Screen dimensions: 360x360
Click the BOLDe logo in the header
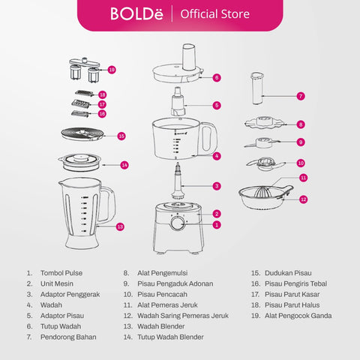136,13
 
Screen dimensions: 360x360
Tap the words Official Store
215,14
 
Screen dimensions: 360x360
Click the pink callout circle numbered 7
301,96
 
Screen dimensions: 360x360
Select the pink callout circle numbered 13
120,226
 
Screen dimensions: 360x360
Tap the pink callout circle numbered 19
112,70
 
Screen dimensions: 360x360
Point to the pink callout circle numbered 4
217,156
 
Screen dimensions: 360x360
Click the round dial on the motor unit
178,223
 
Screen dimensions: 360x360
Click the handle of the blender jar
108,204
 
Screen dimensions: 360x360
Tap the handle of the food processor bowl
208,137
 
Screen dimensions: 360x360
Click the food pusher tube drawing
257,88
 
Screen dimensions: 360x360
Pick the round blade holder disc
82,134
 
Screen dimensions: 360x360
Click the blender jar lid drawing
79,162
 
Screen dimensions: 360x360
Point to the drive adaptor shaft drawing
178,181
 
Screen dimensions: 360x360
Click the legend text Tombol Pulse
61,273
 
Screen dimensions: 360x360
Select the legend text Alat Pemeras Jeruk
167,305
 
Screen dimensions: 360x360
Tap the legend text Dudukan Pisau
288,273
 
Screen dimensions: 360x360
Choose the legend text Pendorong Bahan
68,337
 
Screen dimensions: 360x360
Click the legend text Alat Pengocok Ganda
298,316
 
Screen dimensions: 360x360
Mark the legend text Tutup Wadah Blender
170,337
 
